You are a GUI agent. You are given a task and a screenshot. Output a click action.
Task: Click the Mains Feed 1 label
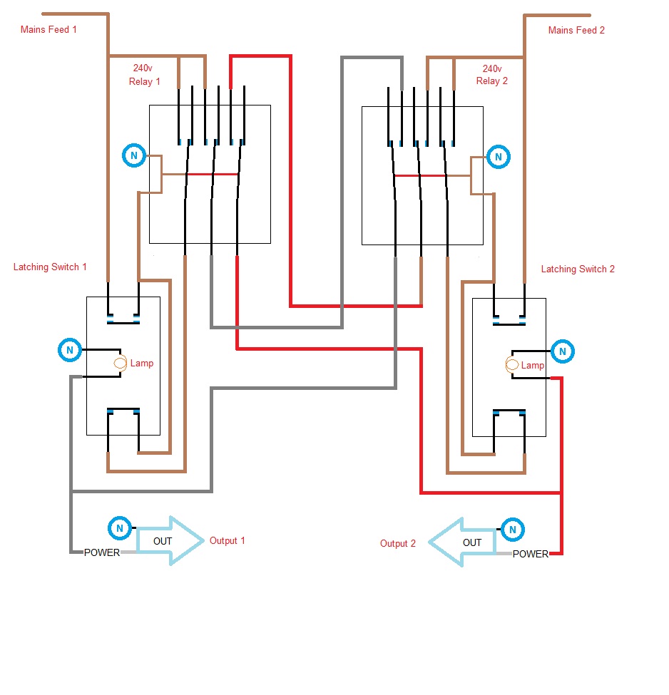(x=48, y=30)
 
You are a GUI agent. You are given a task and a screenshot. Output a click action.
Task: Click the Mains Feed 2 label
(x=576, y=31)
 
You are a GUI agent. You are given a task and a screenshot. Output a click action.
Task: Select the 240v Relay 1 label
(x=145, y=75)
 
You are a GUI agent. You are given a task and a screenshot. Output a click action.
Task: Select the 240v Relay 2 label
(x=491, y=75)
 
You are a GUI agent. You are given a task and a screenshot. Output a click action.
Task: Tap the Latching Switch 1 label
(x=50, y=267)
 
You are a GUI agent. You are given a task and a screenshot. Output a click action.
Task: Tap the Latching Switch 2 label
(x=578, y=269)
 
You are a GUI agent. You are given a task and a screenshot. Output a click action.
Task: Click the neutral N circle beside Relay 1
(x=133, y=155)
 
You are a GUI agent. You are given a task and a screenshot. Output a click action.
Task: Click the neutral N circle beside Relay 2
(x=499, y=157)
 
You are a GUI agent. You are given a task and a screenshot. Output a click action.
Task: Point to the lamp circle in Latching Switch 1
(x=121, y=364)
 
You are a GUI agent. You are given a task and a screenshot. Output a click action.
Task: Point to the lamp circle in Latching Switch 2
(x=512, y=365)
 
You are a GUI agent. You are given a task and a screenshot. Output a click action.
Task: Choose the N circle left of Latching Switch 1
(x=69, y=350)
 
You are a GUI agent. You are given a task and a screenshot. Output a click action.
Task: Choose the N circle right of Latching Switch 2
(x=562, y=351)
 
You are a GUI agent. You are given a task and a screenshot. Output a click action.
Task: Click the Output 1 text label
(x=227, y=541)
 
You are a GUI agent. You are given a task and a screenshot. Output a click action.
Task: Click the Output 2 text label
(x=397, y=544)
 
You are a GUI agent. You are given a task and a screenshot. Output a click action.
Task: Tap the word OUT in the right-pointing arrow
(x=163, y=542)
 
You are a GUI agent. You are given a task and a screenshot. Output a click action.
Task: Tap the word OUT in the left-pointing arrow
(x=472, y=543)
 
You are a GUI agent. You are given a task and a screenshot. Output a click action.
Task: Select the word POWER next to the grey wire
(x=102, y=552)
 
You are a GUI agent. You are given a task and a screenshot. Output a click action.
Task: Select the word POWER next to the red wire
(x=531, y=554)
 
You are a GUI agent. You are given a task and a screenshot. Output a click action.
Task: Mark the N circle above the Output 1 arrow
(x=119, y=528)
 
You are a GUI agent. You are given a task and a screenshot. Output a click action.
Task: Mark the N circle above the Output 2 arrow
(x=511, y=530)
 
